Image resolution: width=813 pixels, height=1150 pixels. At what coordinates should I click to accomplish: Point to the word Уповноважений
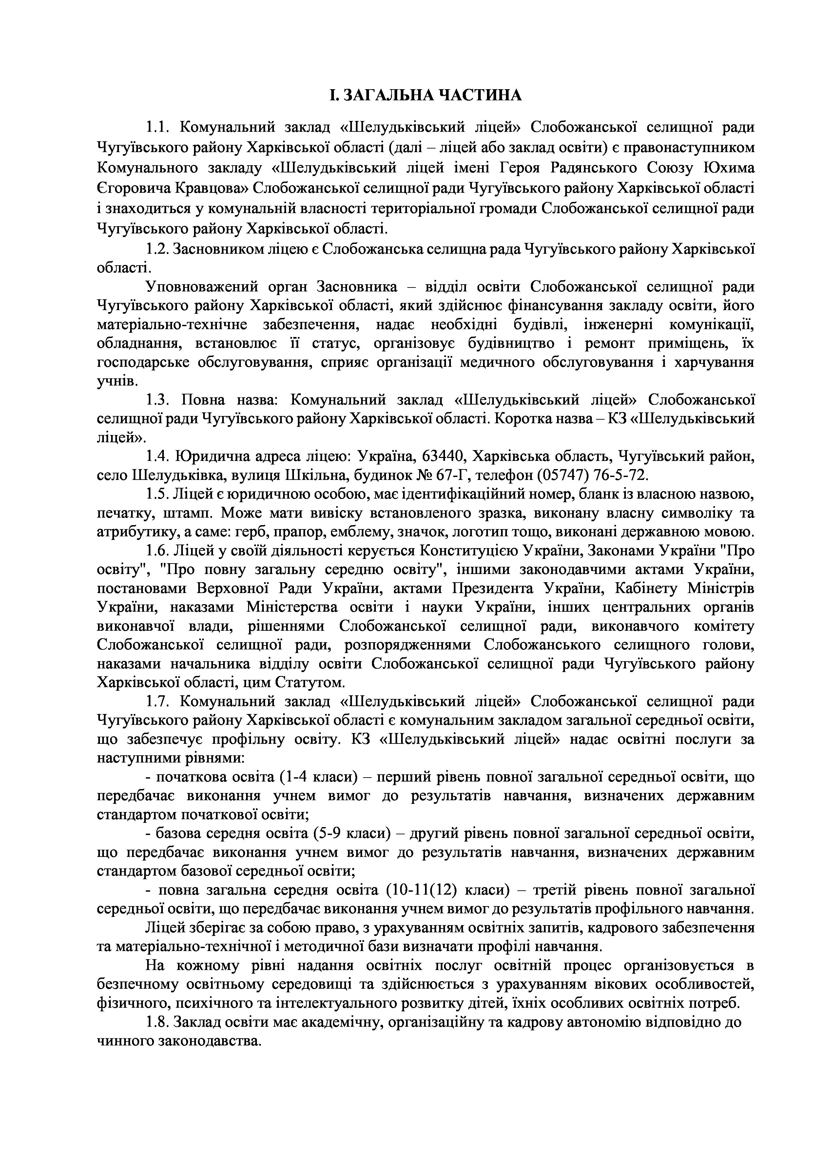click(x=200, y=287)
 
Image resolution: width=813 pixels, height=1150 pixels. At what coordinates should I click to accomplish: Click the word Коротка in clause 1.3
click(x=521, y=418)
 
